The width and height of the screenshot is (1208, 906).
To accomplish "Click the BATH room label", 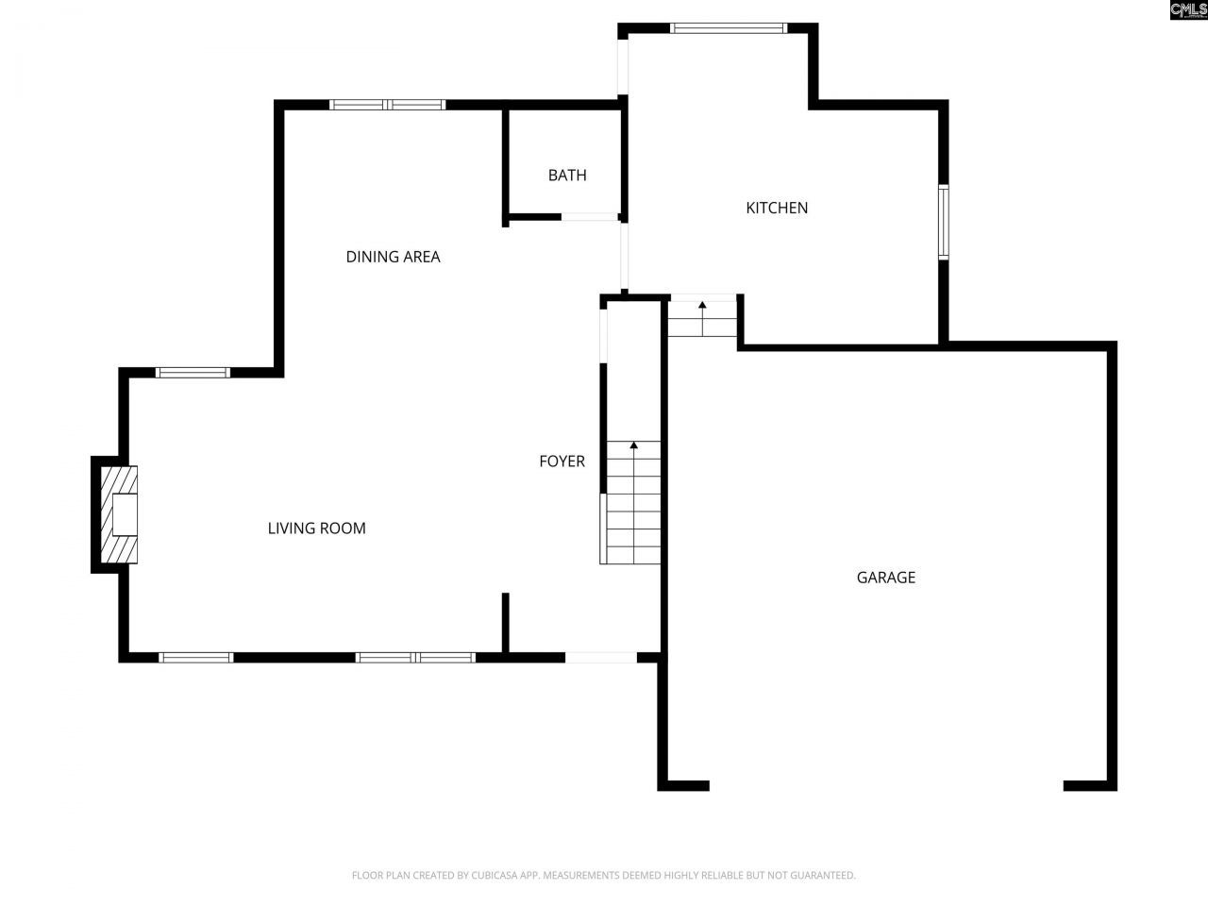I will coord(567,175).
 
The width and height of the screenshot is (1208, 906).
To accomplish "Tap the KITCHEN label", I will coord(777,208).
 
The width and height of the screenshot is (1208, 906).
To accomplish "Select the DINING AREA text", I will coord(393,257).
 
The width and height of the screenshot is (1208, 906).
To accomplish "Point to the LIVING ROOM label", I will coord(316,528).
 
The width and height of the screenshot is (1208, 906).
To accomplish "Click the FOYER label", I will coord(562,461).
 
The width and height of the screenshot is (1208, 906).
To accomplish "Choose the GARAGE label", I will coord(885,578).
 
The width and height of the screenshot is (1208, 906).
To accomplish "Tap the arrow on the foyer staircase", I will coord(633,445).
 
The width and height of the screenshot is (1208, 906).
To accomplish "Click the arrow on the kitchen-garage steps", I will coord(702,305).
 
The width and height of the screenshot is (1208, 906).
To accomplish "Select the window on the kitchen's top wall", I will coord(728,28).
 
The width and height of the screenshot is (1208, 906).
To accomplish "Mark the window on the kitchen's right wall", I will coord(943,222).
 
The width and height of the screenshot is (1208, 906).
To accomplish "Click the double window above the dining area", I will coord(387,105).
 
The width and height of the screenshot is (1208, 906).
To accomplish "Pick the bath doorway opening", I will coord(590,217).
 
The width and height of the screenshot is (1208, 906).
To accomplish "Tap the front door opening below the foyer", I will coord(601,657).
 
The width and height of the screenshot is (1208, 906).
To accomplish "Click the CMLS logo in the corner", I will coord(1188,10).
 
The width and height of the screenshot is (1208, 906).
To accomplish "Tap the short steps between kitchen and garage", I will coord(702,321).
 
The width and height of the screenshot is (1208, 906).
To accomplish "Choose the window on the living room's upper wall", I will coord(193,373).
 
